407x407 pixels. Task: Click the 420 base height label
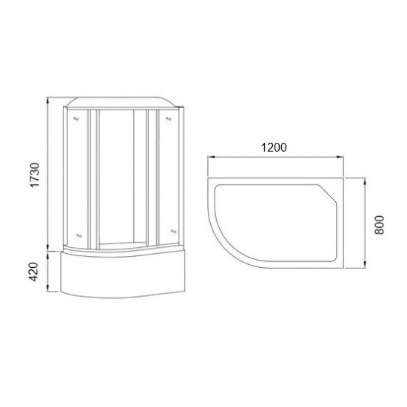33,272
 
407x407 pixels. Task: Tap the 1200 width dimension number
273,147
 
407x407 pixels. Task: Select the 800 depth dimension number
380,224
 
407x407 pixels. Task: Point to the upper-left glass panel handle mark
75,116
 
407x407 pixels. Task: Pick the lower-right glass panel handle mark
172,231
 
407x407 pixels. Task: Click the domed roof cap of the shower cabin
122,103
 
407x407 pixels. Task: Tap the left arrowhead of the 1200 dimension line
209,156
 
